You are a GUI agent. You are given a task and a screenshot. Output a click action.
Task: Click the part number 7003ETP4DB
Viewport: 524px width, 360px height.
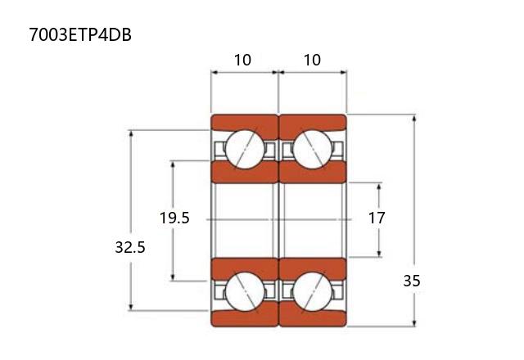click(80, 34)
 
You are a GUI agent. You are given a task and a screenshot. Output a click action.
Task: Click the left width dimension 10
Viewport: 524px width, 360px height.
click(242, 60)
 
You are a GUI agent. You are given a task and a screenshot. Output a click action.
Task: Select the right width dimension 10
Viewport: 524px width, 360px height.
click(312, 60)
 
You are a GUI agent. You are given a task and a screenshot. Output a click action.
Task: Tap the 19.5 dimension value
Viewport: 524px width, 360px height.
click(174, 218)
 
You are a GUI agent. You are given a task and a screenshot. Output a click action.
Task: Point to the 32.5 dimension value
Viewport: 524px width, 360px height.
click(130, 247)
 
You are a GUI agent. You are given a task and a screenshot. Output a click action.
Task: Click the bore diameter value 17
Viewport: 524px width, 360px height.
click(377, 218)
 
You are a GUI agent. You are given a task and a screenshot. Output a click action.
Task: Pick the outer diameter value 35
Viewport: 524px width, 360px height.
click(411, 281)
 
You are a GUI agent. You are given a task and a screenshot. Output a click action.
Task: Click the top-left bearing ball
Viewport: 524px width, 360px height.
click(245, 149)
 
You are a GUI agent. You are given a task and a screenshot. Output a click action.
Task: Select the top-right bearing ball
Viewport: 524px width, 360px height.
click(313, 149)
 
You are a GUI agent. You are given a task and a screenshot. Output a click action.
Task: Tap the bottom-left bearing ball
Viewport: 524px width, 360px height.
click(245, 292)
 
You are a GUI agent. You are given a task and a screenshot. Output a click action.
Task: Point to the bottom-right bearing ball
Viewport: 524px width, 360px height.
click(313, 292)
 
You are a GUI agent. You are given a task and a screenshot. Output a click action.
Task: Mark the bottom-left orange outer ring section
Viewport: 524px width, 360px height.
click(245, 317)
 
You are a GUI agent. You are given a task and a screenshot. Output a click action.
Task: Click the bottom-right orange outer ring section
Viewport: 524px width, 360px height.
click(313, 317)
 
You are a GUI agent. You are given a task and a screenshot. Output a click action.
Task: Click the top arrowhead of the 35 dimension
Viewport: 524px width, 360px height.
click(414, 118)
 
